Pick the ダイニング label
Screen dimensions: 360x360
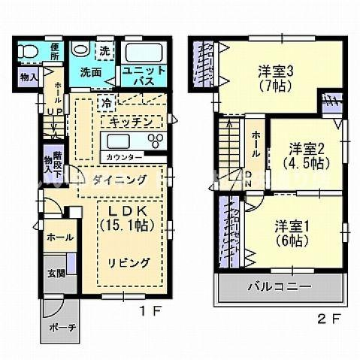point(120,180)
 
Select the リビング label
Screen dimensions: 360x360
point(127,262)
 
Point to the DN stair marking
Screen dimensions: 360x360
point(250,180)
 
